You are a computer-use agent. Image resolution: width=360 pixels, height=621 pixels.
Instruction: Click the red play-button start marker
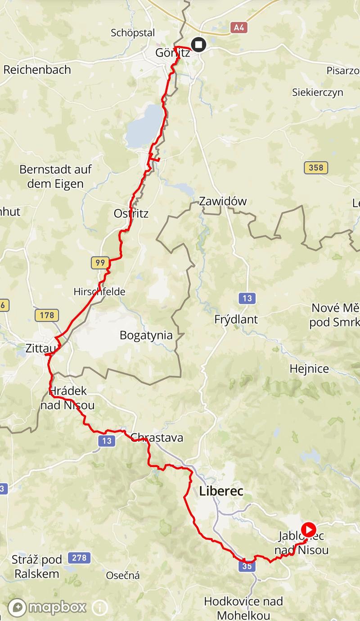pos(308,529)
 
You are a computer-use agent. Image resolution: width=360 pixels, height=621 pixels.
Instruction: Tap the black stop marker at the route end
pos(198,45)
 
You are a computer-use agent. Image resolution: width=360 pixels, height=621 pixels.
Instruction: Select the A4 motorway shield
pos(239,28)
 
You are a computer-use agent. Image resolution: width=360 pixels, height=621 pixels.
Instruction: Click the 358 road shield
pos(316,168)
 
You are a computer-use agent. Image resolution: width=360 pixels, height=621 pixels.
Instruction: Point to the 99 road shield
pos(100,262)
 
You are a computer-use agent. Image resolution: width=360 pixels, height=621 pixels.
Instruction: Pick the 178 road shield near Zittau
pos(47,315)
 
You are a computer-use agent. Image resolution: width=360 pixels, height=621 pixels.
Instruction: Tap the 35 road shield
pos(247,566)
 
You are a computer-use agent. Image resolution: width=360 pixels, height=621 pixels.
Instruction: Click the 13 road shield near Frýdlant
pos(247,298)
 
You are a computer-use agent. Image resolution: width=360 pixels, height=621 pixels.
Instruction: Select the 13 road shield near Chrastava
pos(106,441)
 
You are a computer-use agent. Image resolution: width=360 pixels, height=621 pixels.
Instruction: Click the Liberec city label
pos(221,491)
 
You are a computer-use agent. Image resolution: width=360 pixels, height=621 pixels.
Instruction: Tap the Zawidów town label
pos(223,201)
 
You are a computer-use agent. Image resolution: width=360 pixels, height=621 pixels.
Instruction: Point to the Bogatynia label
pos(146,335)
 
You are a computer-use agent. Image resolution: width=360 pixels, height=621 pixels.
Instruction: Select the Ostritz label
pos(131,213)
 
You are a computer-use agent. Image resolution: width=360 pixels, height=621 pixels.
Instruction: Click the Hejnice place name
pos(309,369)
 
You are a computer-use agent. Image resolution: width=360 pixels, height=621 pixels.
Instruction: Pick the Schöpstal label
pos(133,33)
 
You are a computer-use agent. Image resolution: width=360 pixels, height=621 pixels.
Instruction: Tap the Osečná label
pos(123,575)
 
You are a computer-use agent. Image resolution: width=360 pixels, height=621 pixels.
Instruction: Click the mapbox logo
pos(47,607)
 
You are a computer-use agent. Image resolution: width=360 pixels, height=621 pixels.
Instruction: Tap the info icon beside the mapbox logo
pos(100,607)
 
